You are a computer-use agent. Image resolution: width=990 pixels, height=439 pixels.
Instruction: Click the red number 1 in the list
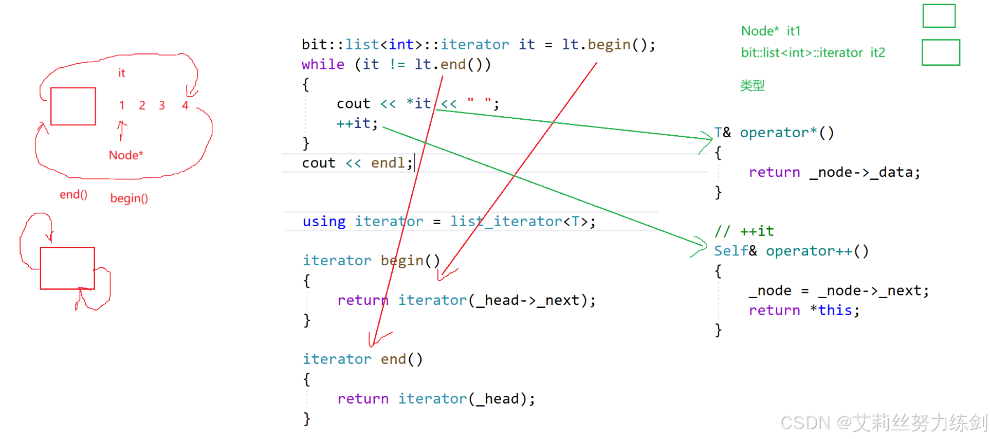[122, 105]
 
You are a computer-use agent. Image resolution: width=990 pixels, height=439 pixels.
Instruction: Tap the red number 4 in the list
[185, 105]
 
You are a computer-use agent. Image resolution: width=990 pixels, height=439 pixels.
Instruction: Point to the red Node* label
[126, 155]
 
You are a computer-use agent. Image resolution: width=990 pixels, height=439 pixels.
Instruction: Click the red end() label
[74, 195]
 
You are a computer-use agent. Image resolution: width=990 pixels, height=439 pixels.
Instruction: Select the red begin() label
[129, 198]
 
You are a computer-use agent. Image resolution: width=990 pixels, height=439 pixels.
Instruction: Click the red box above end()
[73, 106]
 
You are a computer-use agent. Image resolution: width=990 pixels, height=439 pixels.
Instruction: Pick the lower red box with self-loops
[67, 268]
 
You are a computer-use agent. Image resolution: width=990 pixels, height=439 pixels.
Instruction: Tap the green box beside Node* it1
[939, 16]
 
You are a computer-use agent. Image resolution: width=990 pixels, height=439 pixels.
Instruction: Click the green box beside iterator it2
[941, 52]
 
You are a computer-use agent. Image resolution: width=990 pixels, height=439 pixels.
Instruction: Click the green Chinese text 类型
[752, 85]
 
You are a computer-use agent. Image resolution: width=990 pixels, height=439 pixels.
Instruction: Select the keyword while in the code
[323, 64]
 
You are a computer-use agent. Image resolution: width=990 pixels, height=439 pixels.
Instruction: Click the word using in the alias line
[324, 222]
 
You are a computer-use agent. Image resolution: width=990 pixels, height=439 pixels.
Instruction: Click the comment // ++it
[744, 231]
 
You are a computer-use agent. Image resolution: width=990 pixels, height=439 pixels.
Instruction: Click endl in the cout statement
[388, 163]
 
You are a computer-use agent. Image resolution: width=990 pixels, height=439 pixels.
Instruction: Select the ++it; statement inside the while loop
[357, 123]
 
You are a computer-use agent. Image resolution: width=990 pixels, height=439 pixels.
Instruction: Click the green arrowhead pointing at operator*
[708, 138]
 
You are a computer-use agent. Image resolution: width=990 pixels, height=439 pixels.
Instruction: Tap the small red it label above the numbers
[121, 73]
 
